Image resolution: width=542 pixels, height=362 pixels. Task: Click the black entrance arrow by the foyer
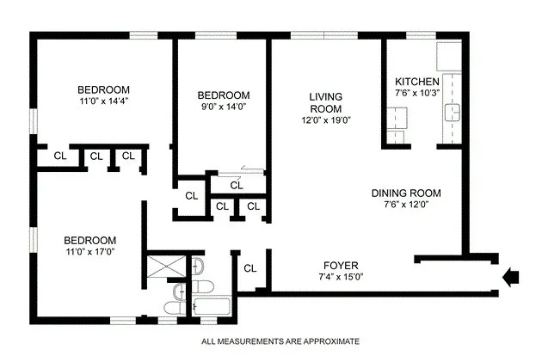tap(510, 276)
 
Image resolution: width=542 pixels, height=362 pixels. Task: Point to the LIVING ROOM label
tap(326, 103)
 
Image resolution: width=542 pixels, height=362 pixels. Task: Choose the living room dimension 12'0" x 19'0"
tap(326, 121)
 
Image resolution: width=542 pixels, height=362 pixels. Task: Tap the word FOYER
tap(341, 265)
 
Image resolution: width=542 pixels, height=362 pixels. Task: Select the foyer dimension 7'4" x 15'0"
tap(341, 277)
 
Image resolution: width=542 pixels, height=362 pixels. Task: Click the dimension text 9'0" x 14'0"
tap(223, 107)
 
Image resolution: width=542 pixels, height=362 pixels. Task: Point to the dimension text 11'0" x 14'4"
tap(103, 101)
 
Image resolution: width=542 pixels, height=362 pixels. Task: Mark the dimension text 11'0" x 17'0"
tap(90, 252)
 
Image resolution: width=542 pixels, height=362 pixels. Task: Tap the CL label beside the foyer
tap(250, 268)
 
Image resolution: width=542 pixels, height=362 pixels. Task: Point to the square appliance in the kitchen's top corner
tap(450, 56)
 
